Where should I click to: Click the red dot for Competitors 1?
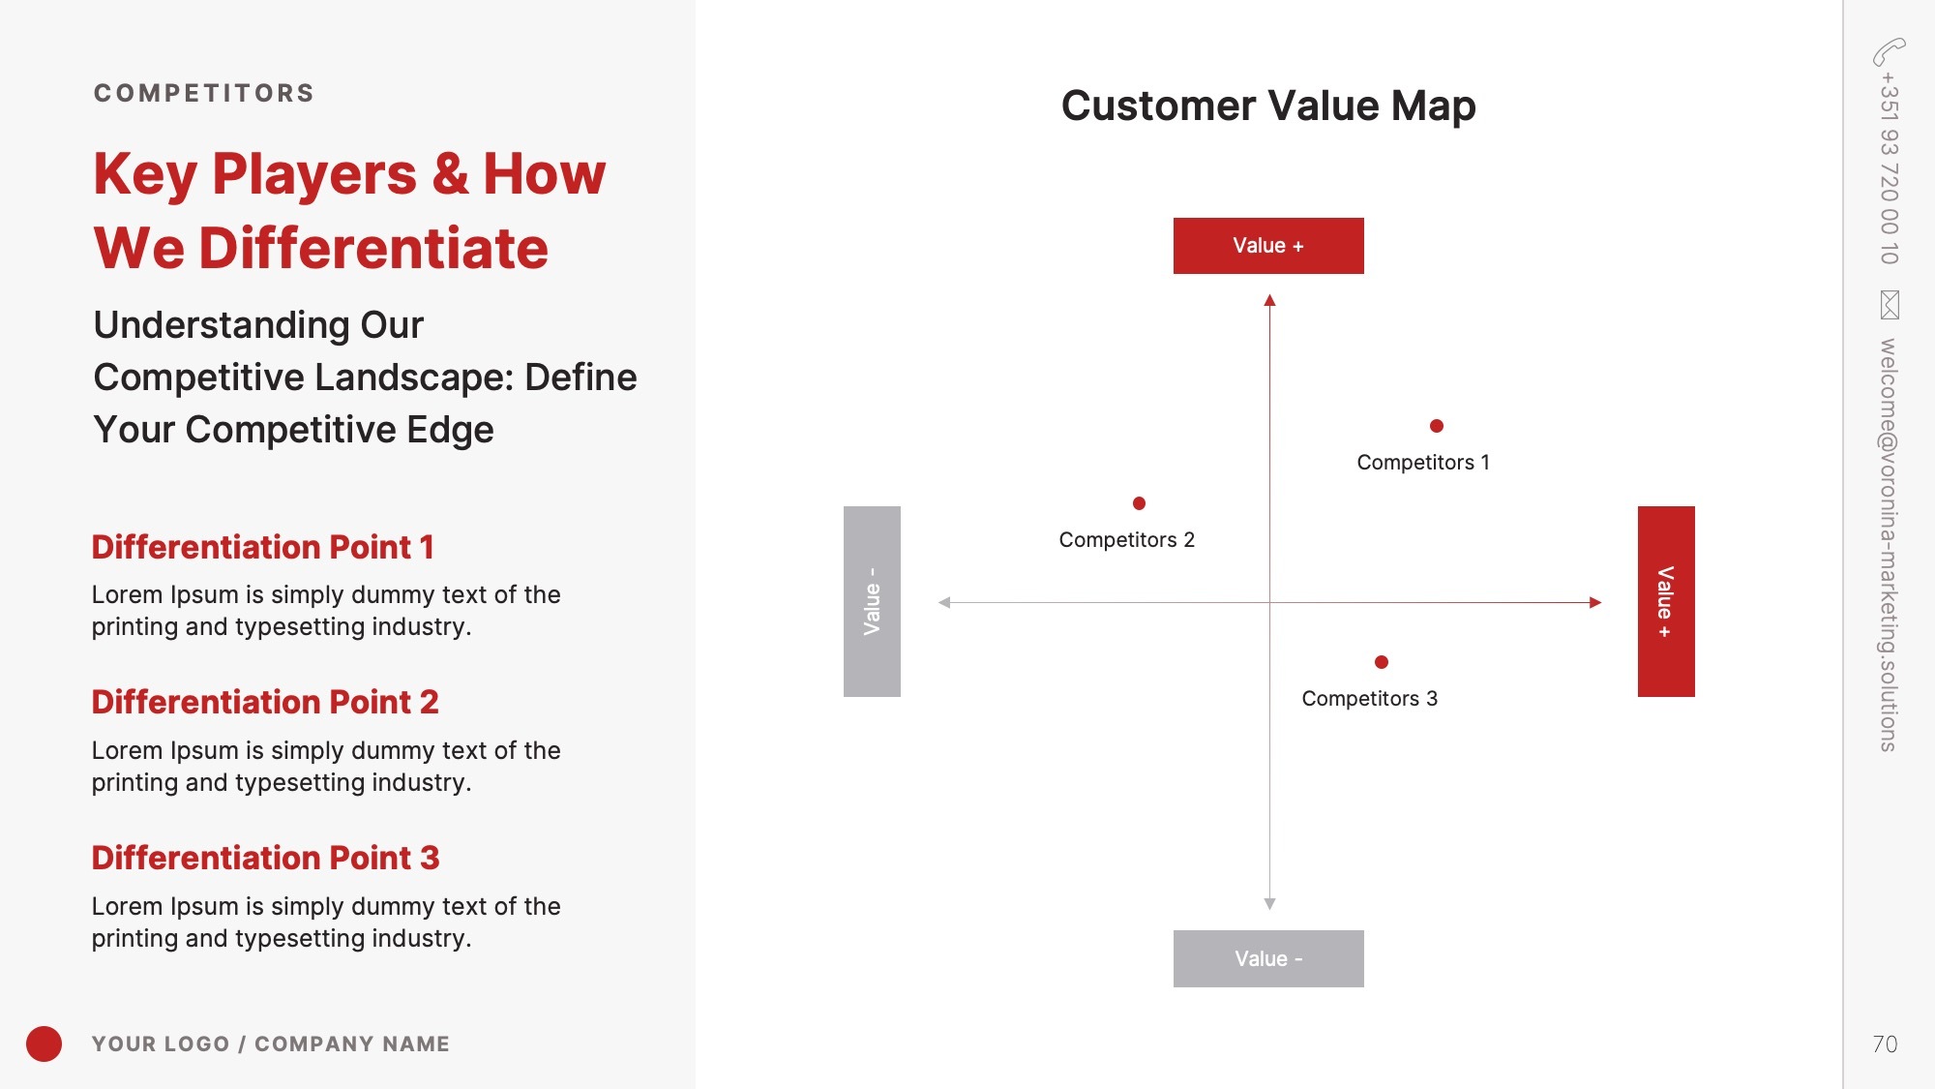tap(1437, 426)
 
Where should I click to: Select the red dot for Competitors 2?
tap(1139, 503)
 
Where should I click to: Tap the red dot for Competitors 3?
tap(1382, 662)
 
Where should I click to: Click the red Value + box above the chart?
tap(1268, 246)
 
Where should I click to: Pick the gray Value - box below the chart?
tap(1268, 958)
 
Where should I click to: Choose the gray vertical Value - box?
tap(872, 601)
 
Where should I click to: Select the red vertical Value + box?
tap(1666, 601)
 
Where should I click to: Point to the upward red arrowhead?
tap(1269, 300)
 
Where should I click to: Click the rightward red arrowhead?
tap(1595, 602)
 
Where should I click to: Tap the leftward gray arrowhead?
tap(944, 602)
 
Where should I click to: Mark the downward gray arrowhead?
tap(1269, 904)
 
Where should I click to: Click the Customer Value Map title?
tap(1268, 106)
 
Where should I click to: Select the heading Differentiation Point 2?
tap(265, 702)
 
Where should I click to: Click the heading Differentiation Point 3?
tap(266, 858)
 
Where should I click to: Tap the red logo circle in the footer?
tap(44, 1044)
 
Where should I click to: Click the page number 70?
tap(1885, 1044)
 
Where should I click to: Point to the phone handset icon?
tap(1889, 51)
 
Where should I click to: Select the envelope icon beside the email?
tap(1890, 305)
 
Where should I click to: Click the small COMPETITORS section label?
tap(204, 93)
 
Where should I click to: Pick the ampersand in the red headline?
tap(450, 174)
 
